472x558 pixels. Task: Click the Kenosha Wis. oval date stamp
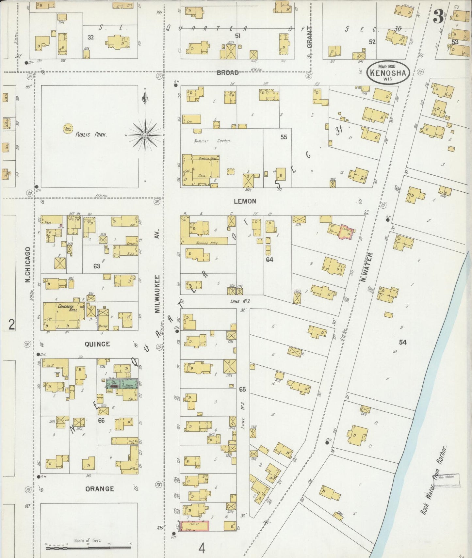coord(388,72)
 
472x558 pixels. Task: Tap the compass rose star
coord(145,135)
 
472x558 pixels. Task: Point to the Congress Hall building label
coord(66,308)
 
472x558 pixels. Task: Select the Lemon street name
coord(245,201)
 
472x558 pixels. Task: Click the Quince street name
coord(97,344)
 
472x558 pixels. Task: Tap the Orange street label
coord(100,489)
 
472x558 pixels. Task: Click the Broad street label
coord(228,72)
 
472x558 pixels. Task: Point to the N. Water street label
coord(367,267)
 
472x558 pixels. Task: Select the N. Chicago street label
coord(28,264)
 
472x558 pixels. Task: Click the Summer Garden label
coord(212,141)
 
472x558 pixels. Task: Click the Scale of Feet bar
coord(88,548)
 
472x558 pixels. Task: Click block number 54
coord(403,342)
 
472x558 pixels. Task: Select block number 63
coord(96,266)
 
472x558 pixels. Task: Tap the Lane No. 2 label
coord(240,301)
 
